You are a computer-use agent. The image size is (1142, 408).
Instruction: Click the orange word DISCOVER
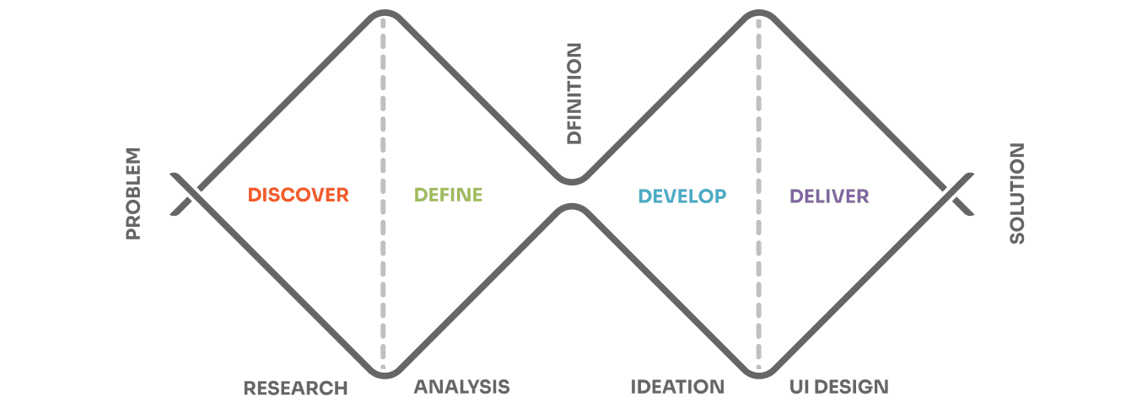click(x=299, y=195)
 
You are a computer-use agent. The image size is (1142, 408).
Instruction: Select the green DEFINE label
click(x=448, y=195)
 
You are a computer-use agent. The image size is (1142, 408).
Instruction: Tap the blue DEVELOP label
click(x=682, y=196)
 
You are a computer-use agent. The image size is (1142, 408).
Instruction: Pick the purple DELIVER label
click(x=829, y=196)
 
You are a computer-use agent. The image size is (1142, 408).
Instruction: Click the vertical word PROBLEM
click(x=133, y=194)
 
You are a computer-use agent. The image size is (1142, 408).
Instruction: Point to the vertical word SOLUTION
click(x=1017, y=194)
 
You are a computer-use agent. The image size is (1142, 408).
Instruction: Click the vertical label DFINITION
click(x=574, y=94)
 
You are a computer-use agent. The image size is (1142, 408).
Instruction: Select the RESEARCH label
click(x=296, y=388)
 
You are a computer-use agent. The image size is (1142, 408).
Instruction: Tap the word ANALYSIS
click(x=462, y=387)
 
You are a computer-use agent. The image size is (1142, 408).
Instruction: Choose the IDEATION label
click(x=677, y=387)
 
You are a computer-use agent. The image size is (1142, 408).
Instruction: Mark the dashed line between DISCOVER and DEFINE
click(x=383, y=194)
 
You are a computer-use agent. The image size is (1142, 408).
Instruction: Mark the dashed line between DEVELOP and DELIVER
click(x=758, y=194)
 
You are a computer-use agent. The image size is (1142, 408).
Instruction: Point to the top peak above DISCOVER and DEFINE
click(x=385, y=12)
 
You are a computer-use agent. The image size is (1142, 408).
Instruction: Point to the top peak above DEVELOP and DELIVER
click(x=759, y=12)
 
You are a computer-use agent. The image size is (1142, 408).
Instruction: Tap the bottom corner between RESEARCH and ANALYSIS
click(x=385, y=376)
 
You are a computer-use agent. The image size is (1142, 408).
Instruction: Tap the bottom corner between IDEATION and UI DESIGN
click(x=759, y=376)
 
